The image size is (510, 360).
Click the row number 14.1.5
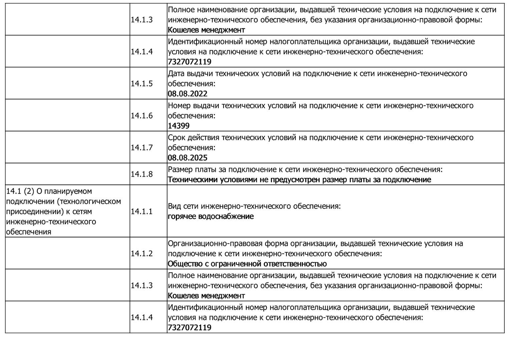point(141,84)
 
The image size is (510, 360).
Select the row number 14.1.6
point(141,116)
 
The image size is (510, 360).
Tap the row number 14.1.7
point(141,148)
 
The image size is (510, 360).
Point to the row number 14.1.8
point(141,174)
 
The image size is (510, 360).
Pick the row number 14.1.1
point(141,211)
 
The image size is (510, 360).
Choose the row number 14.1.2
point(141,253)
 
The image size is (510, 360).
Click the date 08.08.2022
point(187,94)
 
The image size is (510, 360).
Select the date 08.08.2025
point(187,158)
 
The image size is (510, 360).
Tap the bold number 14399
point(178,126)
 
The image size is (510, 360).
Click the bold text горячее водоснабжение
point(210,216)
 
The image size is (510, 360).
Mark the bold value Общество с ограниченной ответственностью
point(247,264)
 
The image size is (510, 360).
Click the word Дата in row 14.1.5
point(176,73)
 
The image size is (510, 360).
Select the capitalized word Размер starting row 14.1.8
point(181,169)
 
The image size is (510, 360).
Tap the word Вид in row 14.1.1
point(174,206)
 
